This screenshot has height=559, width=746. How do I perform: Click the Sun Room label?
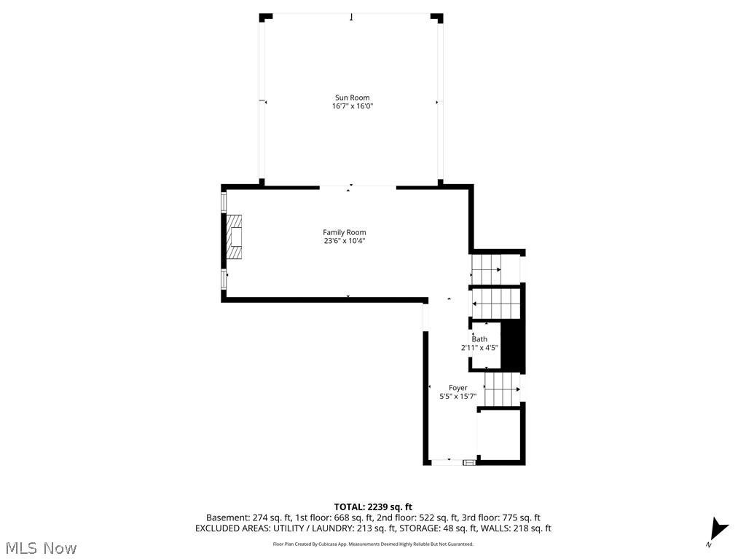[352, 98]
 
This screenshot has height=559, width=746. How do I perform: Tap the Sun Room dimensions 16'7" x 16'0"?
[352, 106]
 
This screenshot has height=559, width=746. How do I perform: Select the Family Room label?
[345, 232]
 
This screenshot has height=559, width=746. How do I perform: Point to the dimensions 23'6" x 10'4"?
[345, 241]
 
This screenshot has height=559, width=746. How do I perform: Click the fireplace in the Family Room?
[234, 237]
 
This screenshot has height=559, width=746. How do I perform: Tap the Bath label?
[479, 339]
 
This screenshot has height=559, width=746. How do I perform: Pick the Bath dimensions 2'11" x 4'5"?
[479, 348]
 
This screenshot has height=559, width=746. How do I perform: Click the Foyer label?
[458, 388]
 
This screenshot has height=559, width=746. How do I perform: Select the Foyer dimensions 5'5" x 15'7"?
[458, 397]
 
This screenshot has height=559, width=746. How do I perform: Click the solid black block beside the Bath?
[514, 346]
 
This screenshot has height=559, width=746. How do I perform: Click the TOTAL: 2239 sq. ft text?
[373, 507]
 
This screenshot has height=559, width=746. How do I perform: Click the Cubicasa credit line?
[373, 544]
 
